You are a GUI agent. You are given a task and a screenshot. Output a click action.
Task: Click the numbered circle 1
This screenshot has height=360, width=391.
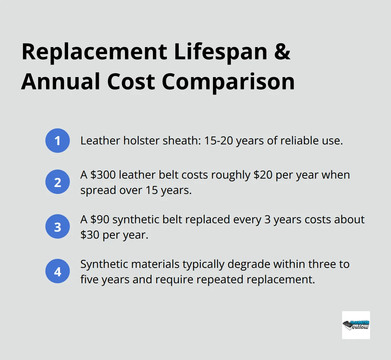pyautogui.click(x=58, y=141)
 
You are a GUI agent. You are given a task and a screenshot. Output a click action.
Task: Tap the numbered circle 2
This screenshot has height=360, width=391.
pyautogui.click(x=58, y=182)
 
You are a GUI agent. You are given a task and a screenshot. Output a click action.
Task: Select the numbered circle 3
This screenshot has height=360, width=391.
pyautogui.click(x=58, y=226)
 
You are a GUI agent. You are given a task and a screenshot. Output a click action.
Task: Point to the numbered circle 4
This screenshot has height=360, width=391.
pyautogui.click(x=58, y=271)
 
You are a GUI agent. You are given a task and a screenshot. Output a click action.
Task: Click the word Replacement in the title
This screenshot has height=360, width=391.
pyautogui.click(x=94, y=52)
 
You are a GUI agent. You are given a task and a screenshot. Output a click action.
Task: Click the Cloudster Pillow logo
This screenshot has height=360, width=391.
pyautogui.click(x=356, y=325)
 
